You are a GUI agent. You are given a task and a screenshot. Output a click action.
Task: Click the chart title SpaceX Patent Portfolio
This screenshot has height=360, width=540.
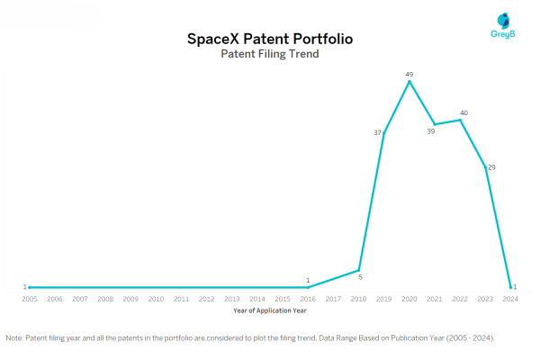coord(269,40)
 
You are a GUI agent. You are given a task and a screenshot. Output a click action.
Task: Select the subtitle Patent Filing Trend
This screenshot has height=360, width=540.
coord(269,55)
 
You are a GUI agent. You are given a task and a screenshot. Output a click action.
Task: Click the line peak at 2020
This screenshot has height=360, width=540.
coord(409,81)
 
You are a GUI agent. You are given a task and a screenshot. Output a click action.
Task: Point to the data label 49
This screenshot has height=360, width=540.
coord(409,72)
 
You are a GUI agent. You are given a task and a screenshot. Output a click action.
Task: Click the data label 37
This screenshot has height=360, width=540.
coord(378,133)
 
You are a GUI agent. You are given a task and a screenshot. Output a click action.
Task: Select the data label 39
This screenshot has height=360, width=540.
coord(430,131)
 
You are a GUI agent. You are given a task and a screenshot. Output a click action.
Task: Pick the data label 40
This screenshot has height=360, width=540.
coord(463,112)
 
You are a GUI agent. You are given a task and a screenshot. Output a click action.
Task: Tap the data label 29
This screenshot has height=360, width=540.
coord(491,167)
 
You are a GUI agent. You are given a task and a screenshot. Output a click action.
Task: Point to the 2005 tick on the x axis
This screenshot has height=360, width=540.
coord(30,298)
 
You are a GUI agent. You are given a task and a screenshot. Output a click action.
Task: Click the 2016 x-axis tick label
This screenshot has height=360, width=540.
coord(308,298)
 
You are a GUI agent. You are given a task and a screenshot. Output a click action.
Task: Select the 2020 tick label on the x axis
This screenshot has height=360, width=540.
coord(409,298)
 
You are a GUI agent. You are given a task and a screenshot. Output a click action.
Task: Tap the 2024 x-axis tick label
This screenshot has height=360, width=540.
coord(510,298)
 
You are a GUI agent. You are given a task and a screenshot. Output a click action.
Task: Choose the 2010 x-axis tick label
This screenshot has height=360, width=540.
coord(156,298)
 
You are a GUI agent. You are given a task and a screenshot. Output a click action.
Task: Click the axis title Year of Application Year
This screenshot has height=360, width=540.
coord(269,310)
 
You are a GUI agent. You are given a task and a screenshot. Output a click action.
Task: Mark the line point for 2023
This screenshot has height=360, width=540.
coord(486,167)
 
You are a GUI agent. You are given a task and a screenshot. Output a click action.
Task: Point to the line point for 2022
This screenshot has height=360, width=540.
coord(461,120)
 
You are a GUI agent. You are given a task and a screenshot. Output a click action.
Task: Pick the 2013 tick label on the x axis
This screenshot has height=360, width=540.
coord(232,298)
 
